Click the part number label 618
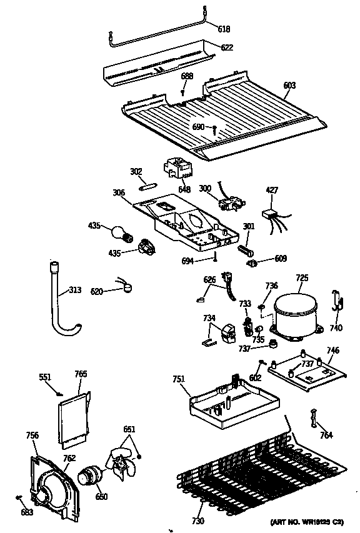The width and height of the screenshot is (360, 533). point(223,29)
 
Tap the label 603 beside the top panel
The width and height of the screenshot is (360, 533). point(289,85)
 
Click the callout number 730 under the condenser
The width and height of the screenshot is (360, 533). point(197,521)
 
